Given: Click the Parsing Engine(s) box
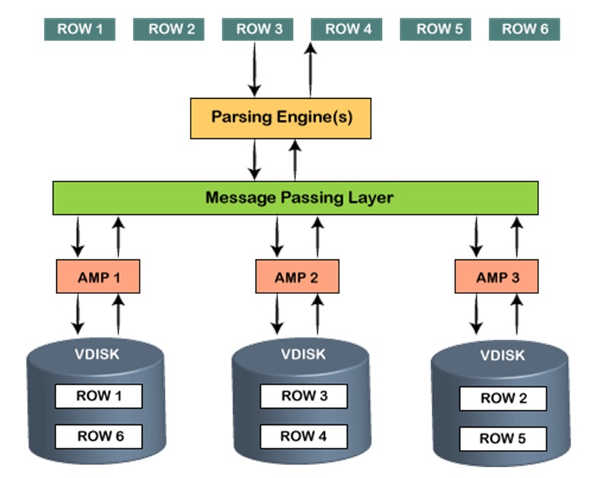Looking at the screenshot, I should pyautogui.click(x=280, y=118).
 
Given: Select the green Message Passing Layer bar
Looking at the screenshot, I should pyautogui.click(x=295, y=198).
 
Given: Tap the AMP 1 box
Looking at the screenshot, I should pyautogui.click(x=99, y=277).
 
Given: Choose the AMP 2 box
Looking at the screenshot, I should pyautogui.click(x=296, y=277).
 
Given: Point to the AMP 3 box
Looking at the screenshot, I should pyautogui.click(x=497, y=277).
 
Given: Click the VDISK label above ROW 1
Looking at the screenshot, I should pyautogui.click(x=96, y=353).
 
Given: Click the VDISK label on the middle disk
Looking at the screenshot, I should pyautogui.click(x=302, y=353).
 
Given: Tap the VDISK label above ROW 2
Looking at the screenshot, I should pyautogui.click(x=502, y=356).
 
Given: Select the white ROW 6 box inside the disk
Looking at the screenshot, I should pyautogui.click(x=99, y=435).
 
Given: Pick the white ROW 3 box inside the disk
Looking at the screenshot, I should pyautogui.click(x=304, y=396).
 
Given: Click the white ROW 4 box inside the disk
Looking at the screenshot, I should pyautogui.click(x=304, y=435).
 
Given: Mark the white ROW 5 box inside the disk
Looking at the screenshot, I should pyautogui.click(x=503, y=438).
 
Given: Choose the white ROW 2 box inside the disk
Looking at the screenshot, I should pyautogui.click(x=503, y=398).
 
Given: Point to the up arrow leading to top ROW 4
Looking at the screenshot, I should pyautogui.click(x=310, y=70).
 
